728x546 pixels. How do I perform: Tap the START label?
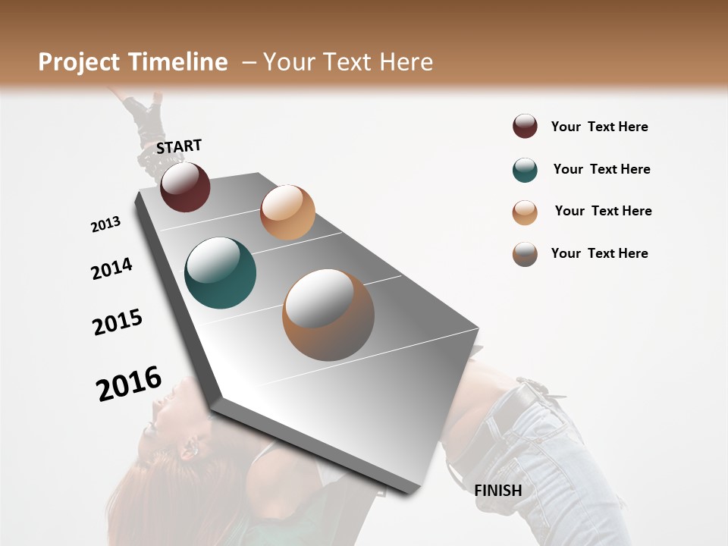(179, 146)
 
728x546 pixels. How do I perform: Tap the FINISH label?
(498, 491)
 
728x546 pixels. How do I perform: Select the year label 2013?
(105, 224)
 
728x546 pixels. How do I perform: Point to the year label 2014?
(111, 268)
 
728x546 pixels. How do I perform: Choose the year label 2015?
(118, 322)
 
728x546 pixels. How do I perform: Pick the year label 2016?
(129, 383)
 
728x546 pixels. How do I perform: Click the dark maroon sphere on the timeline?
(185, 187)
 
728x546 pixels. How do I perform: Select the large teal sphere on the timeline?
(221, 273)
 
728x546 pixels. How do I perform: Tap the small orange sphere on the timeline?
(287, 212)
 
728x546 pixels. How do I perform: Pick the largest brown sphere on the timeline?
(328, 315)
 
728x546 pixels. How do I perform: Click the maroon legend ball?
(525, 126)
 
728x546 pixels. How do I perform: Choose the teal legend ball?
(525, 170)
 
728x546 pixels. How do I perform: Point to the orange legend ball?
(525, 212)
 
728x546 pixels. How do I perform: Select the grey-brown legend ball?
(525, 254)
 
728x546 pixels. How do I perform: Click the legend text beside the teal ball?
(601, 169)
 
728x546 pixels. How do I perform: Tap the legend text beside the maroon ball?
(599, 127)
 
